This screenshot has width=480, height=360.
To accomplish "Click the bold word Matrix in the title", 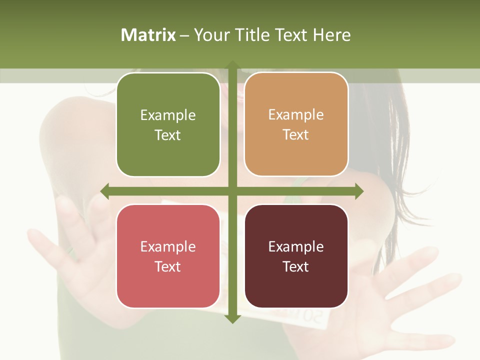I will coord(148,35).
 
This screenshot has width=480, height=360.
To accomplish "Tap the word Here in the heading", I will coord(332,35).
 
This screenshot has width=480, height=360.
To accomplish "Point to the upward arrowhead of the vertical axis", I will coord(232,65).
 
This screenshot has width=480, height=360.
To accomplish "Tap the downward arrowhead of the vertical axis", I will coord(232,318).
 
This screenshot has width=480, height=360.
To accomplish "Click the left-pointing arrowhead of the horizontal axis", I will coord(104,191).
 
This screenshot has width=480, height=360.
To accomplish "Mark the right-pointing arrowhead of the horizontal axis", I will coord(359,191).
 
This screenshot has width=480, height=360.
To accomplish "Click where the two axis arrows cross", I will coord(232,191).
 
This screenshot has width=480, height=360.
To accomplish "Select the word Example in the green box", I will coord(168,115).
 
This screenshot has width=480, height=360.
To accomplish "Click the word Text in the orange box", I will coord(296,135).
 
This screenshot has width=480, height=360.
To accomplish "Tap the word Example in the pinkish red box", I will coord(168,247).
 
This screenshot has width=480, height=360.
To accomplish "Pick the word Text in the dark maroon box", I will coord(296,266).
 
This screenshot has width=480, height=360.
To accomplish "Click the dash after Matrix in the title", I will coord(184,35).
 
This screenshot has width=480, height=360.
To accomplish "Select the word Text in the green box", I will coord(168,135).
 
